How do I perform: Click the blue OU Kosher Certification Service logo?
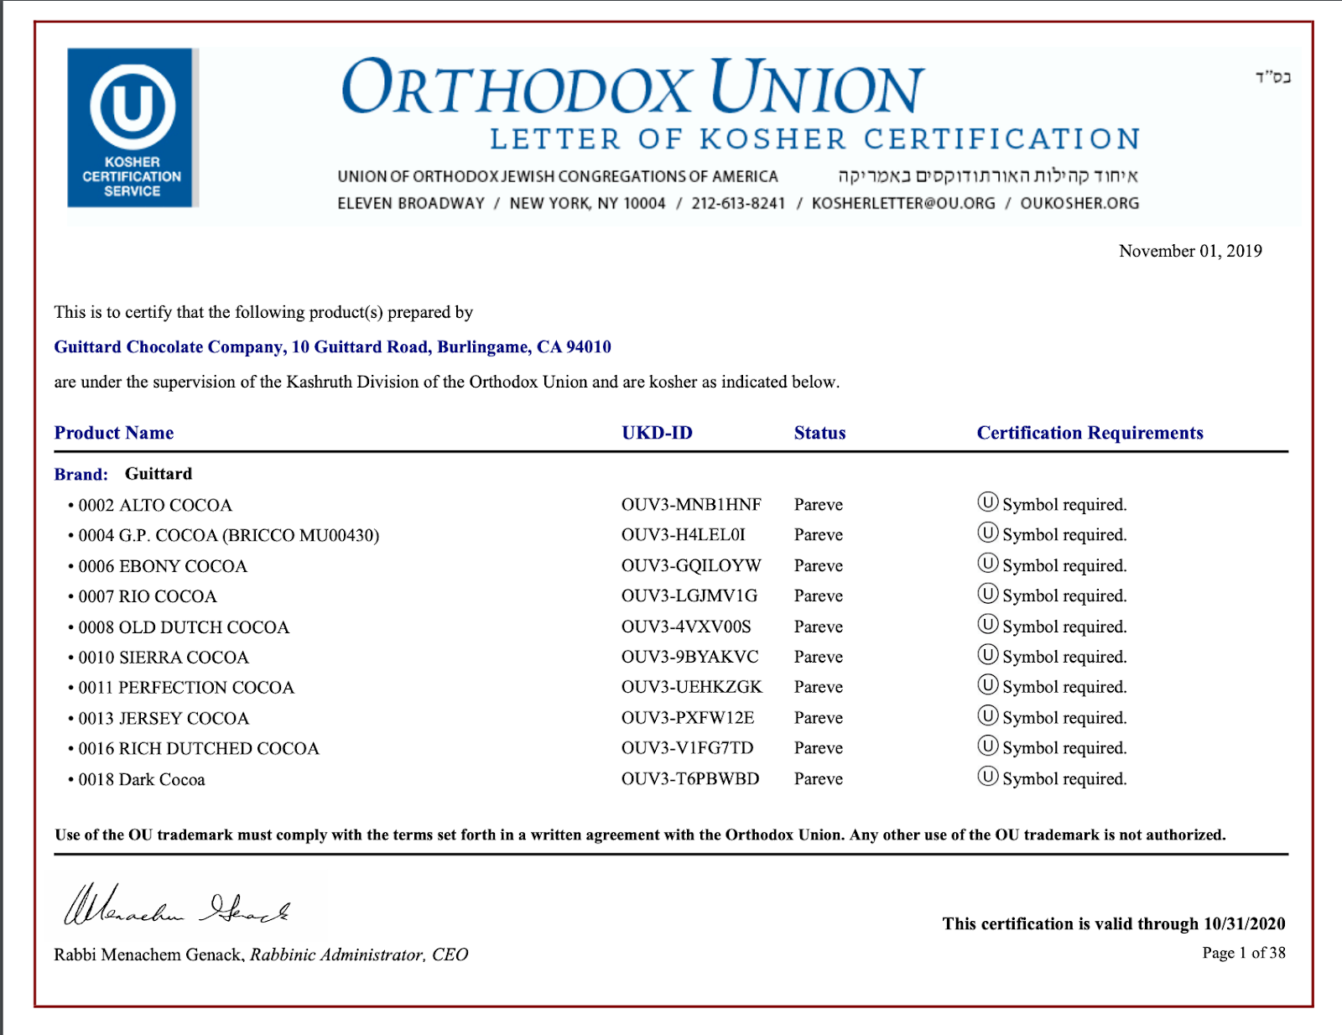[x=133, y=127]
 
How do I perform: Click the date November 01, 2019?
[x=1189, y=251]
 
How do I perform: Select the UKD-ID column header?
[x=657, y=433]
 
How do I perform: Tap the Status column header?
[x=819, y=433]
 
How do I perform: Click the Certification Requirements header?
[x=1090, y=433]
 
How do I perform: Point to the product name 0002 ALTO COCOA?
[x=155, y=505]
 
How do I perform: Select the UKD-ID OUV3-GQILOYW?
[x=690, y=565]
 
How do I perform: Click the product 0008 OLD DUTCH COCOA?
[x=184, y=627]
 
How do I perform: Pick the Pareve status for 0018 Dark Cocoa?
[x=818, y=779]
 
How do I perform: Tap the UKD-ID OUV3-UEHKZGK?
[x=691, y=687]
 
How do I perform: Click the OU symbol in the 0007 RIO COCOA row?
[x=988, y=595]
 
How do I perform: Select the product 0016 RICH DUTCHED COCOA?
[x=199, y=748]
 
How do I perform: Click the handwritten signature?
[x=177, y=907]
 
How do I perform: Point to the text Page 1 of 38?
[x=1243, y=953]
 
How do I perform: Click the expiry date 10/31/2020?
[x=1244, y=923]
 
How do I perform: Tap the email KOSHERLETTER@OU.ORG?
[x=903, y=203]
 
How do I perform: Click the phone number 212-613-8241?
[x=738, y=203]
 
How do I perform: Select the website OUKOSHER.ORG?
[x=1079, y=203]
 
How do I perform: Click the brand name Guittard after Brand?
[x=159, y=474]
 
